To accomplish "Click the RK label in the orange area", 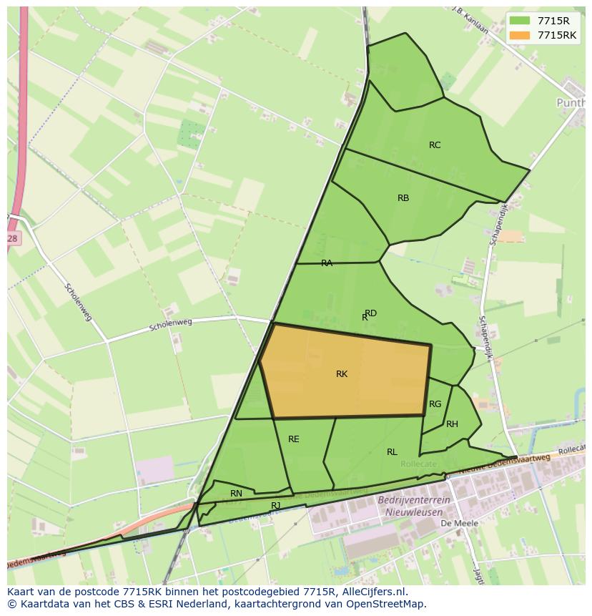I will tap(342, 374).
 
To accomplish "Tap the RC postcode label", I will tap(435, 145).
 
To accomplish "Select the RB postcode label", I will tap(403, 198).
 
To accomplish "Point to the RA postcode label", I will tap(327, 263).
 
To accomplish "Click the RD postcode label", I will tap(371, 313).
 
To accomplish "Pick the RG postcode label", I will tap(435, 404).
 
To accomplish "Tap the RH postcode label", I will tap(452, 424).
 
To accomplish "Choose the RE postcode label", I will tap(294, 439).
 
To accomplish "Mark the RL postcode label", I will tap(392, 452).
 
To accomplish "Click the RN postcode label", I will tap(236, 494).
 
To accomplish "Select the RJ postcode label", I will tap(276, 505).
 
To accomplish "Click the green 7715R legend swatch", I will tap(520, 21).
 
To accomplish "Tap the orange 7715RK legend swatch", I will tap(520, 35).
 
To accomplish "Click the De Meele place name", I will tap(460, 523).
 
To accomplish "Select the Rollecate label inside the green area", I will tap(418, 464).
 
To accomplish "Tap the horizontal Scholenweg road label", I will tap(172, 326).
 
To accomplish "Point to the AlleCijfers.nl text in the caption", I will tap(372, 592).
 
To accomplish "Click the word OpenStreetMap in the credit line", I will tap(390, 604).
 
